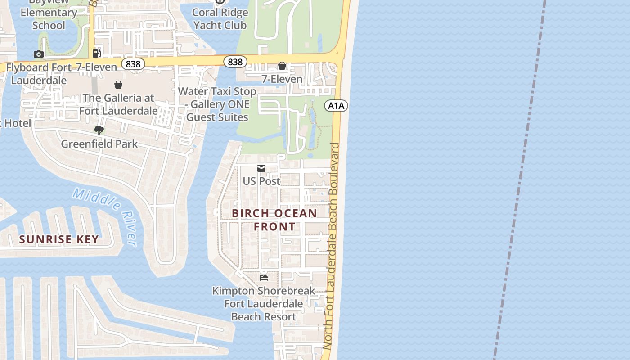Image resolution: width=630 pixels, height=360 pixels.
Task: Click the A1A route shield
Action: pos(336,106)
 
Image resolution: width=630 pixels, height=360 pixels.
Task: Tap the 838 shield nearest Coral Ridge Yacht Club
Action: pos(235,62)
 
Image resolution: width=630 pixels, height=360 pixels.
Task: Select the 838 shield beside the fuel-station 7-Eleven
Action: pos(133,64)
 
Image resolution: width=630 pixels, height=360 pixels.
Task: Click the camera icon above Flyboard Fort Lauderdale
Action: pos(39,54)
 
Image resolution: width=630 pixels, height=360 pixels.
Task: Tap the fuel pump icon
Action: pos(96,54)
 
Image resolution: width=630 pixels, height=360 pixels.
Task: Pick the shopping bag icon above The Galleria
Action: pos(118,84)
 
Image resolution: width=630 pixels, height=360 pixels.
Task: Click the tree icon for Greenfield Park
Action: pos(99,130)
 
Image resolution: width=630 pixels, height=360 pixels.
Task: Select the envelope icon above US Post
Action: pos(261,168)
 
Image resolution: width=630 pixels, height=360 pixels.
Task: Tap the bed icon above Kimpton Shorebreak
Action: pos(264,277)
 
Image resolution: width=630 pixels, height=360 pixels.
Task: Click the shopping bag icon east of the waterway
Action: pos(282,66)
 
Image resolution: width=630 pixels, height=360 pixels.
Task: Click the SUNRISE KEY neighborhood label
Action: pos(59,239)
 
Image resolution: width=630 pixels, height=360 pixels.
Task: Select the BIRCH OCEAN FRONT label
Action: pos(274,220)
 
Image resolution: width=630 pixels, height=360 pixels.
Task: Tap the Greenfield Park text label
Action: pos(99,144)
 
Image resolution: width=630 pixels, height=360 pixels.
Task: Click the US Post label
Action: pos(261,181)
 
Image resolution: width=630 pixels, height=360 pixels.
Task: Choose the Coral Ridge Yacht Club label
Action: pos(220,18)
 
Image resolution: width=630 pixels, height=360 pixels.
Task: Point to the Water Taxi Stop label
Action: pos(217,104)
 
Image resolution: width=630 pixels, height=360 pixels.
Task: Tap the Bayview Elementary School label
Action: pos(49,13)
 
